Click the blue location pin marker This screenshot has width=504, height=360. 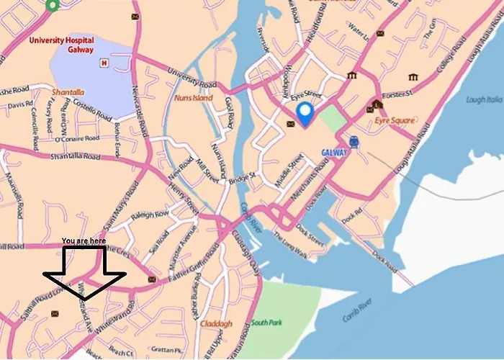pos(305,113)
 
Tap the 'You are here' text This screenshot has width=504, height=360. pos(84,240)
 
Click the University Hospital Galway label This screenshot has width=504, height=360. pos(63,45)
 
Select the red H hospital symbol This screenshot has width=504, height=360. pos(104,63)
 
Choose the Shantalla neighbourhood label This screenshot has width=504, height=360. pos(68,91)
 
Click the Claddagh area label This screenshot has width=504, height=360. pos(216,324)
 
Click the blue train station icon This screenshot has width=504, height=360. pos(354,142)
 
